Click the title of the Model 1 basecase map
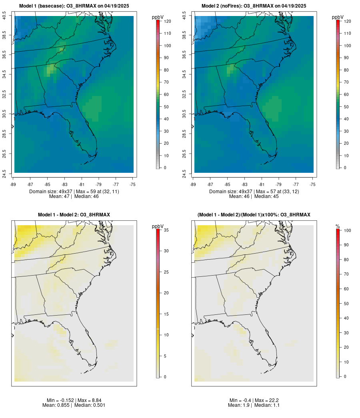click(74, 6)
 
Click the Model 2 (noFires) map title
click(254, 6)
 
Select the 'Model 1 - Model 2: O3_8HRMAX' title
click(74, 215)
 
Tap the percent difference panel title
click(254, 215)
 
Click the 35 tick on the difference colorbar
click(166, 230)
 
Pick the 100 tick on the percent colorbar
click(347, 230)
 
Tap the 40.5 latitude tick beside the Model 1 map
click(4, 16)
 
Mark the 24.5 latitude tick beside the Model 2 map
click(184, 173)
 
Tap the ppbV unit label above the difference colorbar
click(158, 226)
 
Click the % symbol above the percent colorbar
click(338, 226)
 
